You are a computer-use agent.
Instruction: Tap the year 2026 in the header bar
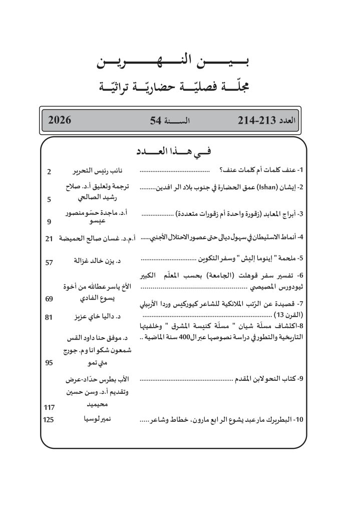pos(60,120)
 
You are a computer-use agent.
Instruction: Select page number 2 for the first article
pos(49,172)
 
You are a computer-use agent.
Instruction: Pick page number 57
pos(49,262)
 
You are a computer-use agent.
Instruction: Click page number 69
pos(49,299)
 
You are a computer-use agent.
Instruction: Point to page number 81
pos(49,317)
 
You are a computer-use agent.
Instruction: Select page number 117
pos(49,408)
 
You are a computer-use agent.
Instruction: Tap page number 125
pos(49,419)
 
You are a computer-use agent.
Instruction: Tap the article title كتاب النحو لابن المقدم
pos(266,381)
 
